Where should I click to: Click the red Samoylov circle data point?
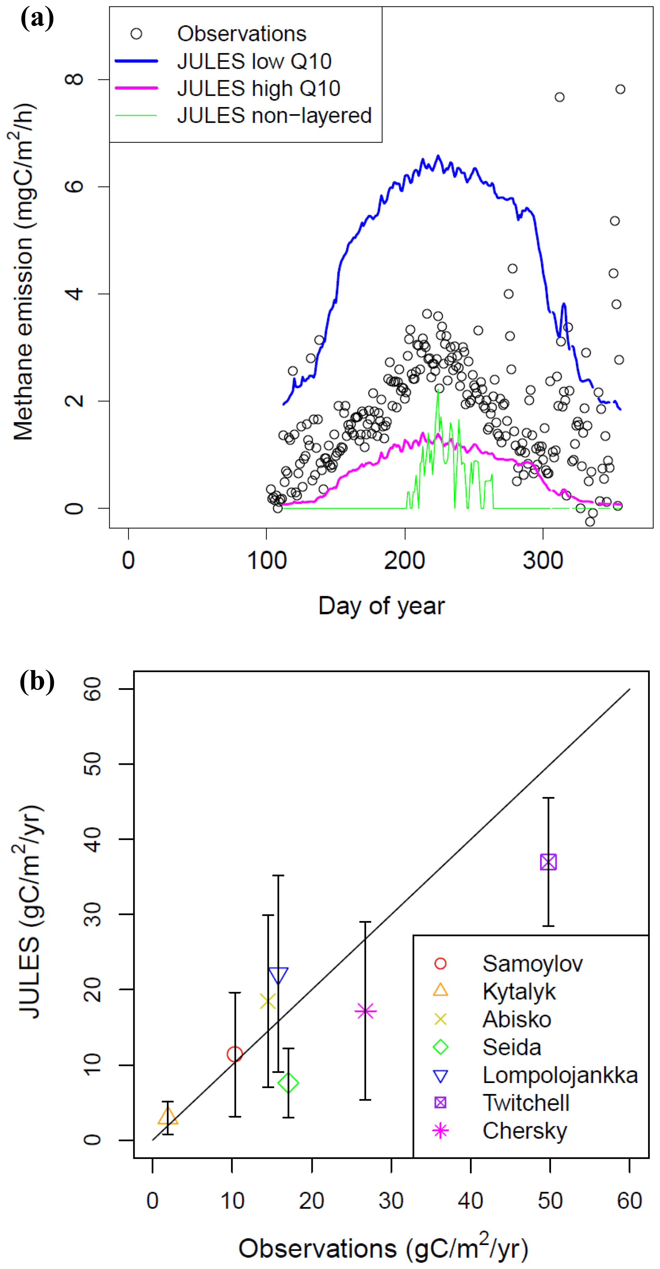tap(234, 1054)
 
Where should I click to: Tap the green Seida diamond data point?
tap(288, 1083)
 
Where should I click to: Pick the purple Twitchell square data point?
tap(548, 862)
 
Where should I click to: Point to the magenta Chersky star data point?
tap(365, 1011)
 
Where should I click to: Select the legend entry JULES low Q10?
tap(254, 61)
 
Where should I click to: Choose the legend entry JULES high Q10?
tap(259, 88)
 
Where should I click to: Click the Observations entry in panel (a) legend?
tap(241, 34)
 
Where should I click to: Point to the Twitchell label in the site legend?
tap(526, 1103)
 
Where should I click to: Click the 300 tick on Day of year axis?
tap(543, 561)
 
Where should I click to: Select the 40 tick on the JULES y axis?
tap(92, 839)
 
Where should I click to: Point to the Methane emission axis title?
tap(23, 272)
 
